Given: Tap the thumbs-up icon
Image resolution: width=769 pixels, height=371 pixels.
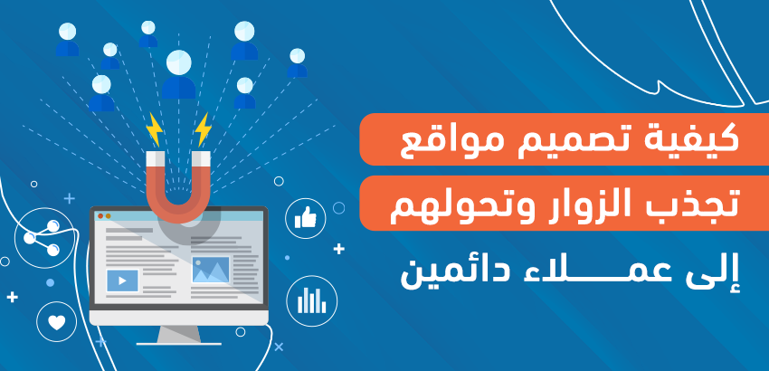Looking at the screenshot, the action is click(305, 218).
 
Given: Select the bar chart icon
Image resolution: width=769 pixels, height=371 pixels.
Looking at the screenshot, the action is click(311, 300).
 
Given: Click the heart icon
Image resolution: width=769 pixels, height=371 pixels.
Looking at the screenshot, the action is click(57, 322).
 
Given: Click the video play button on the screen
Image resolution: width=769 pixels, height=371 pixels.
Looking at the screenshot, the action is click(122, 281).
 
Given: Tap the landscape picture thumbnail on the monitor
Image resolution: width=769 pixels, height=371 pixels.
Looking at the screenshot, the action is click(211, 270).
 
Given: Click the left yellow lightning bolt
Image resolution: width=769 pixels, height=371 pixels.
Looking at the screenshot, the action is click(155, 129).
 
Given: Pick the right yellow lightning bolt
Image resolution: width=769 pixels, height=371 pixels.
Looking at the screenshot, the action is click(203, 129).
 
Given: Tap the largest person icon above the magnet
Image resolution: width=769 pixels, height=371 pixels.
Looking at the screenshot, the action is click(178, 74).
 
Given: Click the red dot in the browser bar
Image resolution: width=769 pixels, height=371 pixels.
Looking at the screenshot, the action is click(100, 216).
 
